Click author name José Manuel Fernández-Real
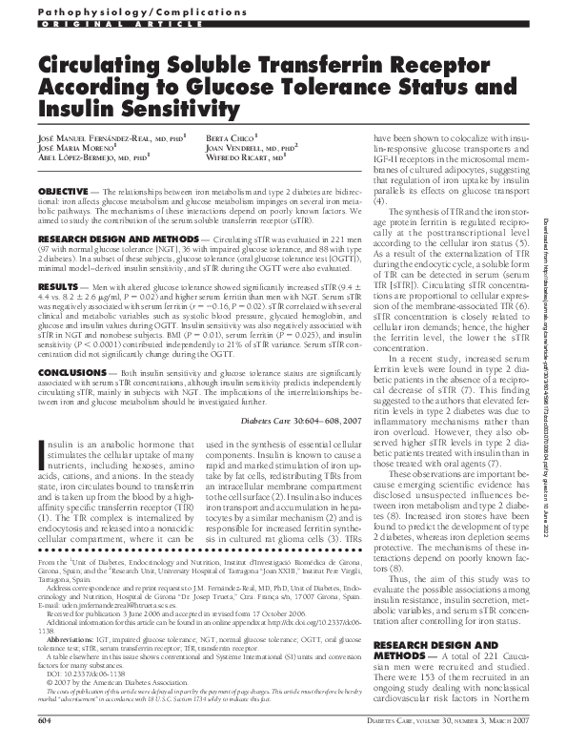click(x=94, y=139)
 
